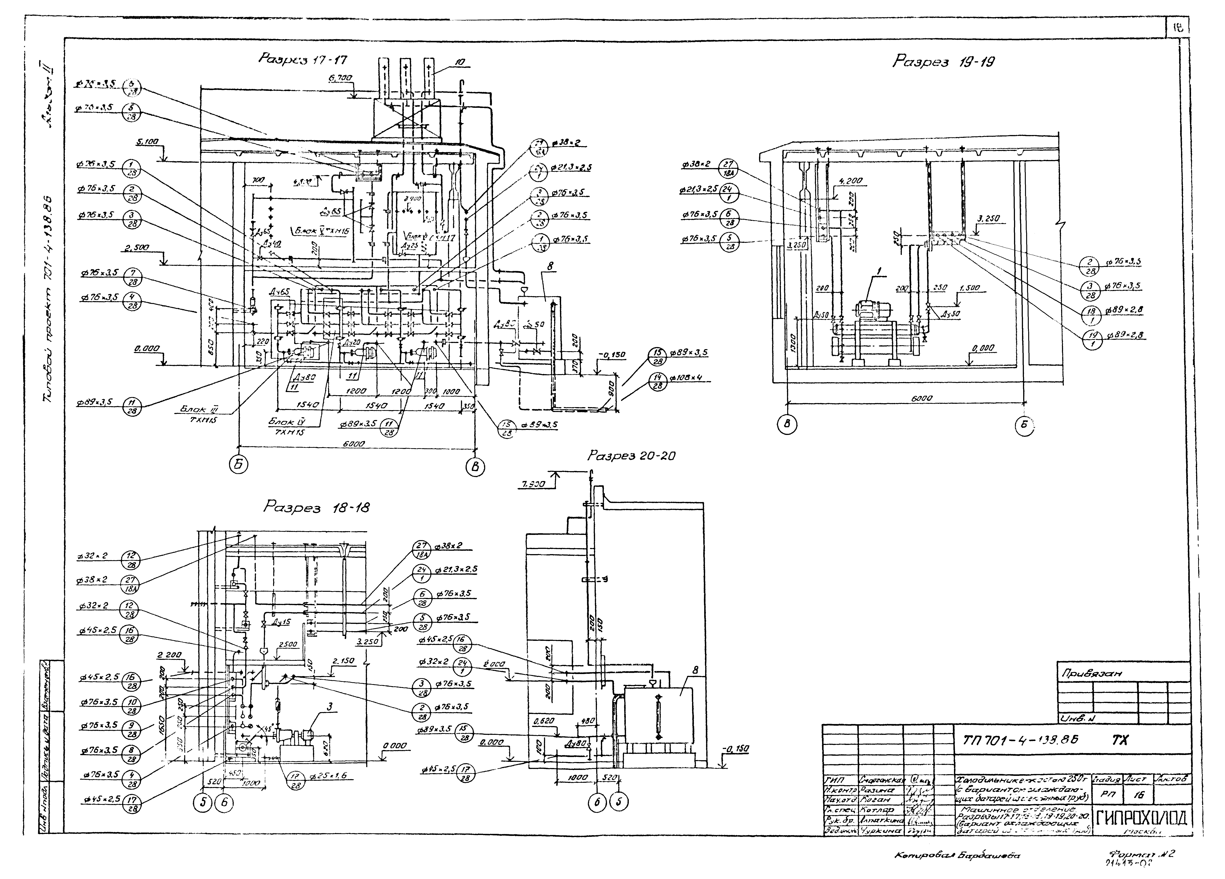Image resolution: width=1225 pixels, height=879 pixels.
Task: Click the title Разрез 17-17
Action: (304, 59)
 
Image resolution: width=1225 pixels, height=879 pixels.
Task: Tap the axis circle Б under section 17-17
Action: (238, 465)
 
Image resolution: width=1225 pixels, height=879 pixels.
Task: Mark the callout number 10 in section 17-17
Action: (460, 63)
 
